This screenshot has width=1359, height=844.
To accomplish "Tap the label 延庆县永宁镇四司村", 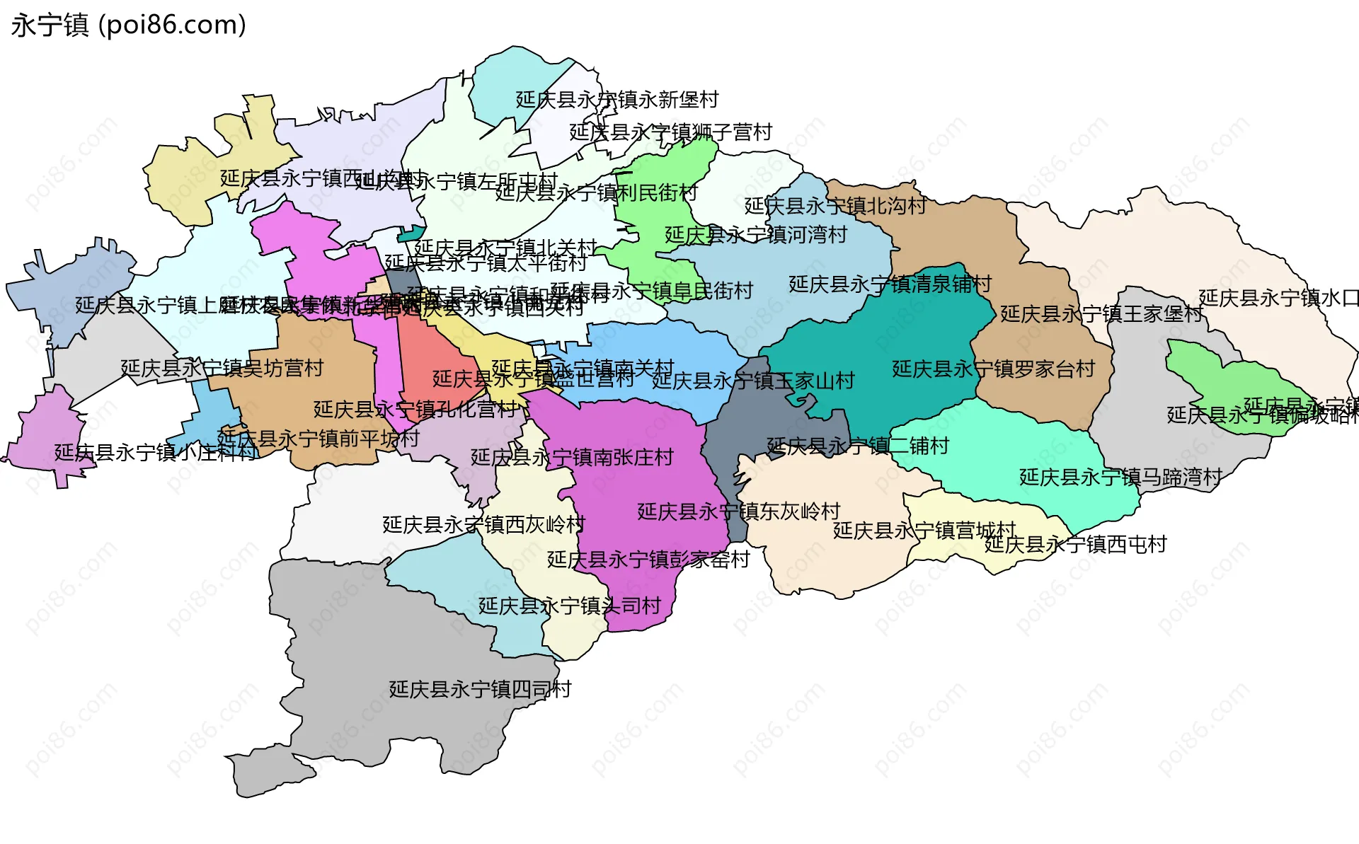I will coord(480,689).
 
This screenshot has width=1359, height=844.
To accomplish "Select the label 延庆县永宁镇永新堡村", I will coord(617,100).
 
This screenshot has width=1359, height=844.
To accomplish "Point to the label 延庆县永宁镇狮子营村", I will coord(670,132).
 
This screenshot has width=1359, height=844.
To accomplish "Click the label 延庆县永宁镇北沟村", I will coord(835,206).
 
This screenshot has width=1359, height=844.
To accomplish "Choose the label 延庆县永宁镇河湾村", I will coord(755,235).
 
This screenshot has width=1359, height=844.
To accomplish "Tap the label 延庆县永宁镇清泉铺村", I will coord(890,284).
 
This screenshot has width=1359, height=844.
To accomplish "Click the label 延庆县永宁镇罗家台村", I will coord(993,369).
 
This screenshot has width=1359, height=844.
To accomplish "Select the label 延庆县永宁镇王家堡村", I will coord(1101,313).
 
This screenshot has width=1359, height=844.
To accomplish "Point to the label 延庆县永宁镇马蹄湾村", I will coord(1120,478).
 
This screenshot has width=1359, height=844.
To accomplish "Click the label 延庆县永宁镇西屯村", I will coord(1075,544).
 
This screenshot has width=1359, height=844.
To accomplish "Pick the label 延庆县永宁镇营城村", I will coord(924,531).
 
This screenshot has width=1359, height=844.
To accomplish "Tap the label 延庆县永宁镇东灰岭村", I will coord(738,511).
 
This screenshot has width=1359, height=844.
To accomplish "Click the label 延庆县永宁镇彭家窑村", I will coord(648,560).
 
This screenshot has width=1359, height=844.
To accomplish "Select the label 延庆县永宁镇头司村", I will coord(569,606).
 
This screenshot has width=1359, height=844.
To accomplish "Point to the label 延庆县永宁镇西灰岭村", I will coord(483,524).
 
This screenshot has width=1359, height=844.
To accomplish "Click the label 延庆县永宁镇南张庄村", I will coord(572,458).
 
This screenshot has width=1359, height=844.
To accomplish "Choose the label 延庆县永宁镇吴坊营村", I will coord(222,368).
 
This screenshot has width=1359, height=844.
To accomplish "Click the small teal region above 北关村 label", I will coord(411,233).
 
